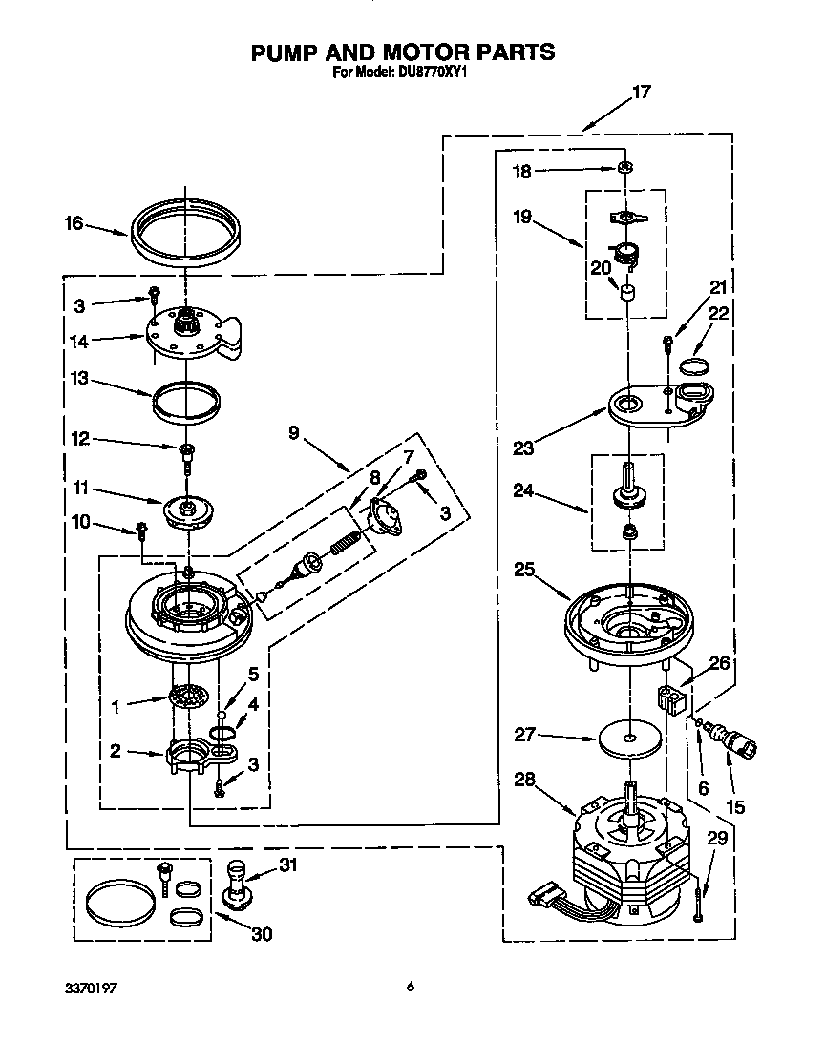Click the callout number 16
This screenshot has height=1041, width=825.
tap(74, 224)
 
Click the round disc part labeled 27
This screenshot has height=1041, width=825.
tap(631, 739)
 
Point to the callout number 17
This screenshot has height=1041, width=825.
tap(642, 93)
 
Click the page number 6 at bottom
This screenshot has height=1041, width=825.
tap(410, 987)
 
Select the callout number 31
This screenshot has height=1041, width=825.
tap(288, 864)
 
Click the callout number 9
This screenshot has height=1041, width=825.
tap(293, 432)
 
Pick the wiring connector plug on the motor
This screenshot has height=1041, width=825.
tap(541, 897)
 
